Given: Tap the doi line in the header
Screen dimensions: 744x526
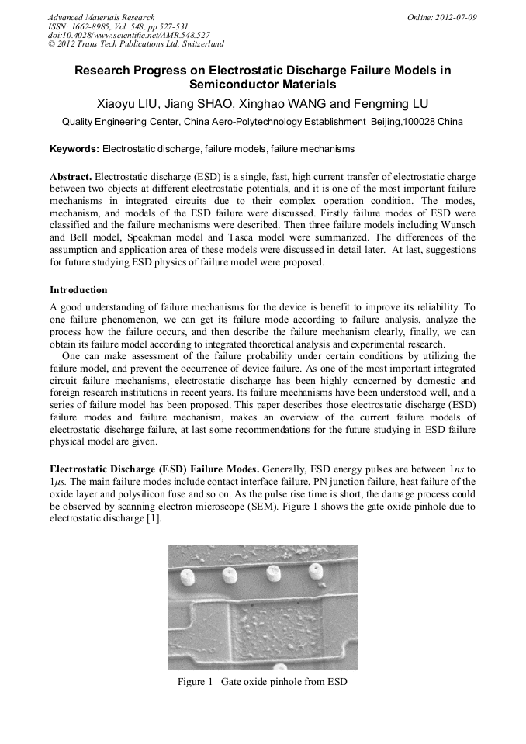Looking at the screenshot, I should [x=128, y=36].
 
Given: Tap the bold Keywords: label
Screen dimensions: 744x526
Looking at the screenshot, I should [x=74, y=148].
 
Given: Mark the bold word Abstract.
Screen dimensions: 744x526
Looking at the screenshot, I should [x=71, y=176].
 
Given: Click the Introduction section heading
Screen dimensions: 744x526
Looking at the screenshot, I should [x=78, y=290].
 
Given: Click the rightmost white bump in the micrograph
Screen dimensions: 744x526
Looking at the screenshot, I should [x=314, y=572].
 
